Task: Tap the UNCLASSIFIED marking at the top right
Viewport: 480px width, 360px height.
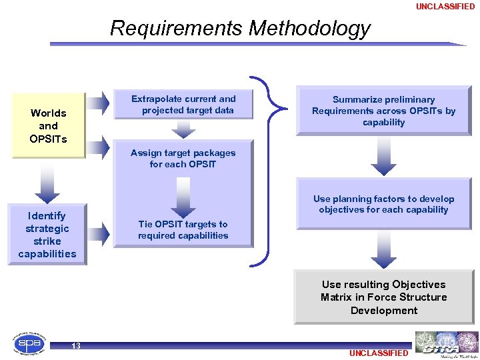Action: pyautogui.click(x=445, y=7)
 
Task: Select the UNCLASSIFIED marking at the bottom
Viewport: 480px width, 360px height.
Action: pyautogui.click(x=378, y=353)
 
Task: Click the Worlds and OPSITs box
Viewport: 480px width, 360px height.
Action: pyautogui.click(x=48, y=126)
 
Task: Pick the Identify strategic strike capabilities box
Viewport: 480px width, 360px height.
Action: pyautogui.click(x=47, y=235)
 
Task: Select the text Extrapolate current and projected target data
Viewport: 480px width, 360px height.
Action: pyautogui.click(x=183, y=105)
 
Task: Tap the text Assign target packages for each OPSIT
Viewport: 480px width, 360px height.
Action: pyautogui.click(x=183, y=158)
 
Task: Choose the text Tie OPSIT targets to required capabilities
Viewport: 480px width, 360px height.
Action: pyautogui.click(x=183, y=230)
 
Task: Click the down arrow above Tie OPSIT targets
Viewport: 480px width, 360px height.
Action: pyautogui.click(x=183, y=195)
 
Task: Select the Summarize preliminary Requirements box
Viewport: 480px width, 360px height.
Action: pyautogui.click(x=383, y=111)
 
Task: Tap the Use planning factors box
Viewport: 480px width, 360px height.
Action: pyautogui.click(x=383, y=204)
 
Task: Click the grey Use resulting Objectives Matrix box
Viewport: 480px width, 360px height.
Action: pyautogui.click(x=383, y=297)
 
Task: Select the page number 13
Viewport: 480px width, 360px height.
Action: pyautogui.click(x=76, y=345)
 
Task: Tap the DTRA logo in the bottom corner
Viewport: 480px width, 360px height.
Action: pyautogui.click(x=446, y=344)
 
